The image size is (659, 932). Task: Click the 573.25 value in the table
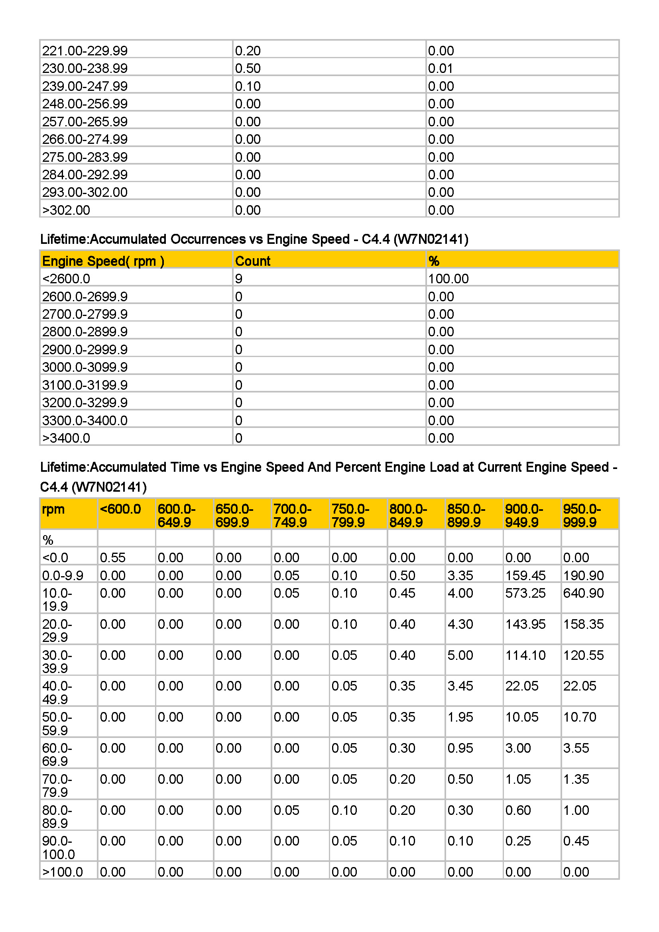pyautogui.click(x=525, y=593)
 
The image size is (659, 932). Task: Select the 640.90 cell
pyautogui.click(x=583, y=593)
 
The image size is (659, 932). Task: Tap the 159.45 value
pyautogui.click(x=525, y=575)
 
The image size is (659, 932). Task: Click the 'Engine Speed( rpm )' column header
pyautogui.click(x=103, y=261)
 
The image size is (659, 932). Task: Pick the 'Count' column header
pyautogui.click(x=252, y=261)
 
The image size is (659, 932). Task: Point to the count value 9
pyautogui.click(x=239, y=279)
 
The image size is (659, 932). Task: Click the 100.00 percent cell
pyautogui.click(x=448, y=279)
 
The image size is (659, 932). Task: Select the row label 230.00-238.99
pyautogui.click(x=85, y=68)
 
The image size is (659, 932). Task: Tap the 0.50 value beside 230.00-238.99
pyautogui.click(x=248, y=68)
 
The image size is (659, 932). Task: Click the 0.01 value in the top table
pyautogui.click(x=440, y=68)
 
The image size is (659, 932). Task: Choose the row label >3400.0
pyautogui.click(x=66, y=438)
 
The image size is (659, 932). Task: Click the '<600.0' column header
pyautogui.click(x=120, y=509)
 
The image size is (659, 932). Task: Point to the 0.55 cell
pyautogui.click(x=112, y=558)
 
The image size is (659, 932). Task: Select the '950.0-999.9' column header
pyautogui.click(x=581, y=516)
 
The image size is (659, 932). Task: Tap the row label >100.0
pyautogui.click(x=63, y=872)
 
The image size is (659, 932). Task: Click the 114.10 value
pyautogui.click(x=525, y=655)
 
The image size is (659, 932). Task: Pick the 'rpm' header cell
pyautogui.click(x=53, y=509)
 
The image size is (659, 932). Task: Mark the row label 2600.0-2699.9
pyautogui.click(x=85, y=297)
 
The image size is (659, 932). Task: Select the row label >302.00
pyautogui.click(x=66, y=210)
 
